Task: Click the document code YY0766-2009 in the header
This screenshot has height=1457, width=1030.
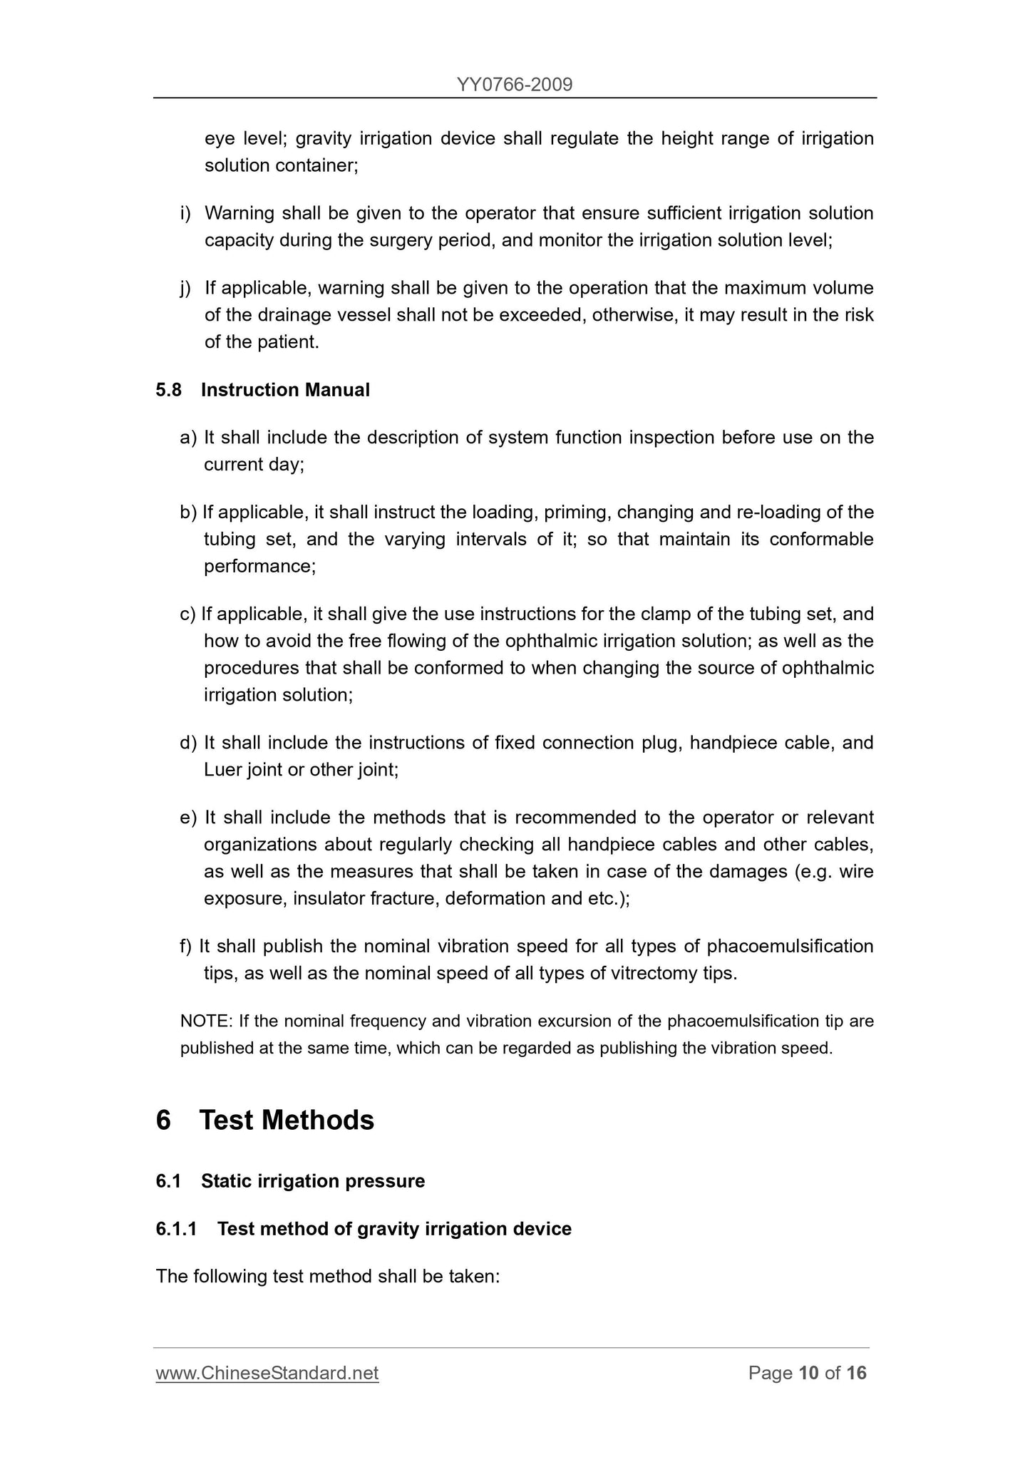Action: [514, 86]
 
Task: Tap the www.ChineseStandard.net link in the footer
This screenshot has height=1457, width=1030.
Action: [267, 1373]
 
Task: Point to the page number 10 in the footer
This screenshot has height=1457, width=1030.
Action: [808, 1373]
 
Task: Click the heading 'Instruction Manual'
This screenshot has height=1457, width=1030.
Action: [285, 390]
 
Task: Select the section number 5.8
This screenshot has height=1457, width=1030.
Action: [169, 390]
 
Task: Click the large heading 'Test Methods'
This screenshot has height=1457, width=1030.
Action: [287, 1120]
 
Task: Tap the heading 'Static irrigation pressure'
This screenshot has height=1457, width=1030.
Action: [312, 1181]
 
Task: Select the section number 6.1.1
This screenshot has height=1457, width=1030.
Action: [176, 1229]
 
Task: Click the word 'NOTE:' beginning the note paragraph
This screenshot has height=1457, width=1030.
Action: [206, 1021]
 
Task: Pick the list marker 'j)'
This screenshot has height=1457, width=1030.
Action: [185, 289]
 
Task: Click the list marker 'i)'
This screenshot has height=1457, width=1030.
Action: [185, 214]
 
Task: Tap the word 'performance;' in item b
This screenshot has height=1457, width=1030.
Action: [259, 566]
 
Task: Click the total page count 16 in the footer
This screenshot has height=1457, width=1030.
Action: [856, 1373]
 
